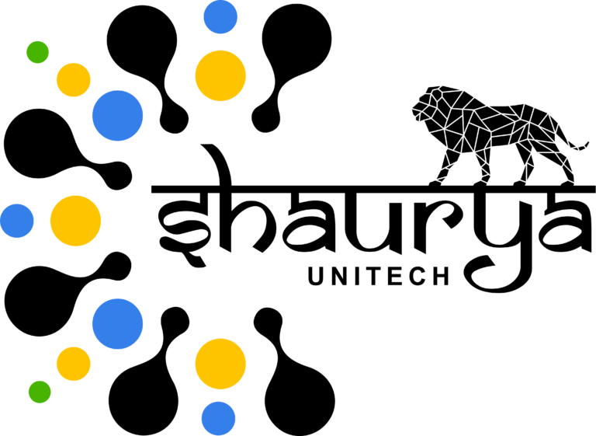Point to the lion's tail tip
587,143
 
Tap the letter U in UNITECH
317,276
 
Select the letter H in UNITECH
441,276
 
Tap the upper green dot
37,52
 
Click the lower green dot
40,392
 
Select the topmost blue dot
220,17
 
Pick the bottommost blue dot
218,418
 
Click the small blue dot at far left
17,221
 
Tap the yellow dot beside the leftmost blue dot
75,221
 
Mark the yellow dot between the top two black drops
220,76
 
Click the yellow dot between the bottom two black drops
220,364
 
